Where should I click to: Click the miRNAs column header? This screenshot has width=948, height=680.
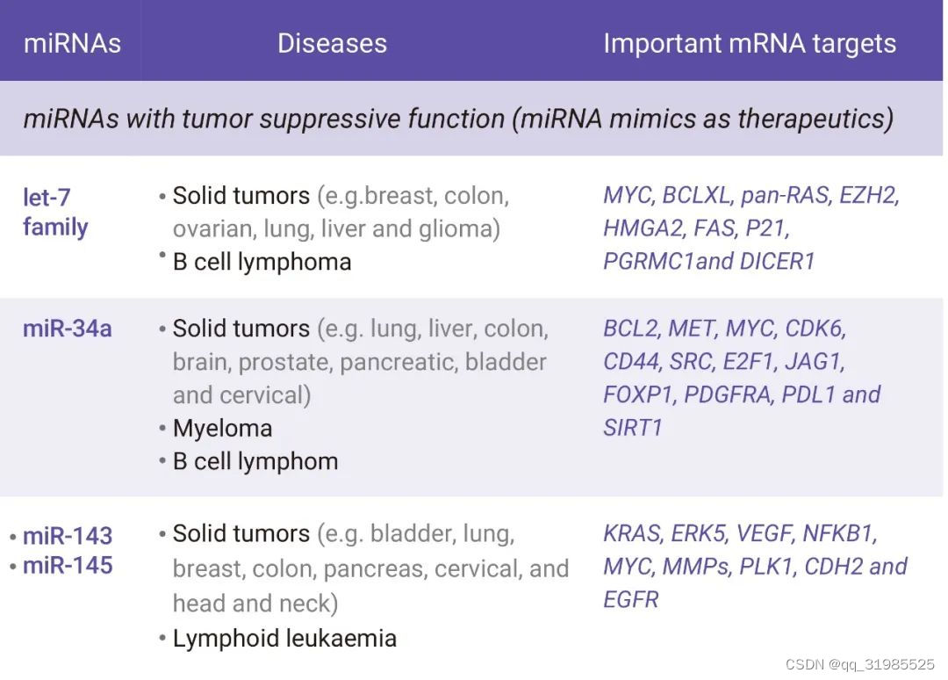(72, 43)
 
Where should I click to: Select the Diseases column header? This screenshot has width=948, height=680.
(332, 43)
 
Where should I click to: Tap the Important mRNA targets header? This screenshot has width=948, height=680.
(750, 43)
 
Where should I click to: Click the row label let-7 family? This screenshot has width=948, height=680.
(55, 212)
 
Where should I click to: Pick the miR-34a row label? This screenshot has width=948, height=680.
(67, 329)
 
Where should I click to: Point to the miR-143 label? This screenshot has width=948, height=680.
(68, 535)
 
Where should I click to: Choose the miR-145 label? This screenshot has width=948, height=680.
(68, 565)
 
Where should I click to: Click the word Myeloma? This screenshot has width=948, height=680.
(222, 429)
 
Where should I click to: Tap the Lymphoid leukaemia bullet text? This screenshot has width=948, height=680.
(284, 638)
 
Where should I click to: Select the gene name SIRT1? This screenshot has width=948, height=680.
(632, 428)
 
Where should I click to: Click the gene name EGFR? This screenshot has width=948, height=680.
(630, 599)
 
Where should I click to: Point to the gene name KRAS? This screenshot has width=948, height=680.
(631, 533)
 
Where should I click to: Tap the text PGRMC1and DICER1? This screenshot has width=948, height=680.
(709, 261)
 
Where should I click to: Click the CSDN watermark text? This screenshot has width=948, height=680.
(859, 665)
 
